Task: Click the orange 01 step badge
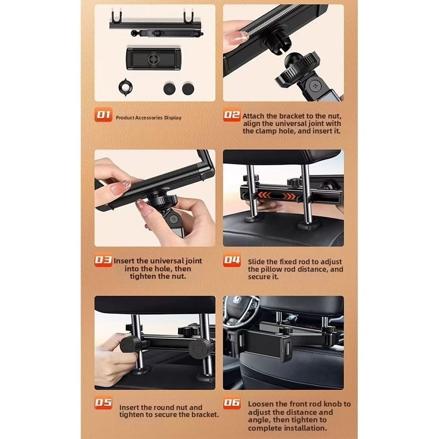104,115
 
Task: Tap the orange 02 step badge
232,115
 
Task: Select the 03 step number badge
104,261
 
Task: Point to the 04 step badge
232,261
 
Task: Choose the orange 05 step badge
104,403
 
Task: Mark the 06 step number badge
232,403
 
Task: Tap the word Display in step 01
173,118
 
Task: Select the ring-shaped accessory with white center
126,87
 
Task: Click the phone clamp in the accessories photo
152,59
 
